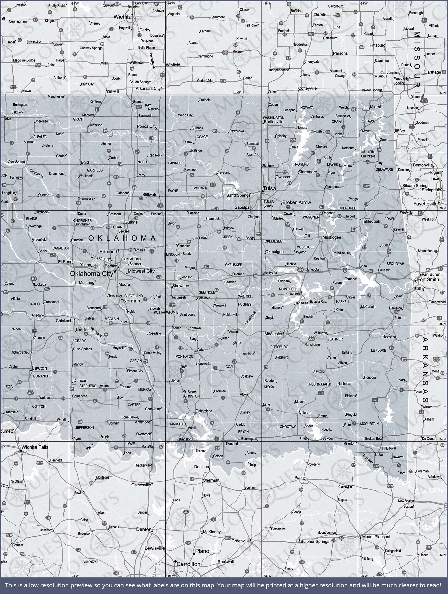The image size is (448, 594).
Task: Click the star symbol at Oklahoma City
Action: pyautogui.click(x=115, y=272)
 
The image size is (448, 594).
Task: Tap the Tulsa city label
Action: pyautogui.click(x=269, y=189)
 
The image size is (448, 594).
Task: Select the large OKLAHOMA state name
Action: pyautogui.click(x=122, y=238)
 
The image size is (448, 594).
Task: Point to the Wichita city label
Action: pyautogui.click(x=122, y=17)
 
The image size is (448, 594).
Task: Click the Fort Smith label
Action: pyautogui.click(x=428, y=279)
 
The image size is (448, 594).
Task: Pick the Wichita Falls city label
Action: pyautogui.click(x=35, y=447)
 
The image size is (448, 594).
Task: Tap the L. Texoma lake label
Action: pyautogui.click(x=199, y=451)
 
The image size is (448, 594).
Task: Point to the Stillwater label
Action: pyautogui.click(x=151, y=195)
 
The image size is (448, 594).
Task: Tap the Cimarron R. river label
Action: pyautogui.click(x=36, y=173)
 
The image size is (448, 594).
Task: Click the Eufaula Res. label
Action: pyautogui.click(x=318, y=301)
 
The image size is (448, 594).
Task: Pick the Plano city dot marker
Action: pyautogui.click(x=194, y=554)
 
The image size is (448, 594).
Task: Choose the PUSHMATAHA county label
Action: pyautogui.click(x=319, y=384)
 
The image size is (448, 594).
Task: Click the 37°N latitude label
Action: pyautogui.click(x=442, y=93)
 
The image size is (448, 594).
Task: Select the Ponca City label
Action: pyautogui.click(x=146, y=126)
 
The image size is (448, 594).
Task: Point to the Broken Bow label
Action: pyautogui.click(x=373, y=439)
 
